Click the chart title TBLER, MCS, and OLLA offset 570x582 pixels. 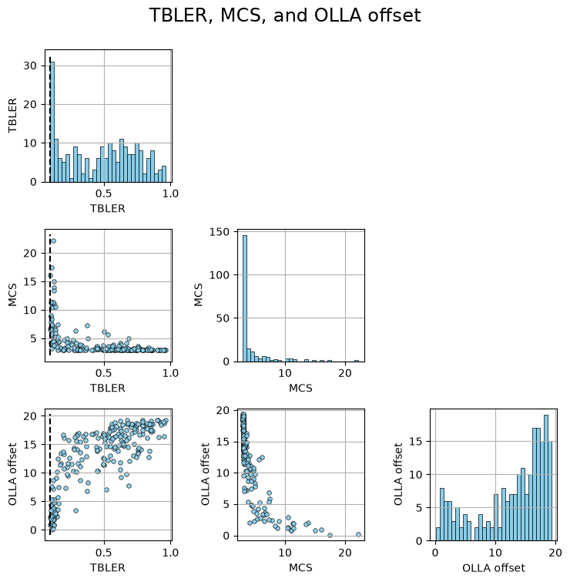click(285, 15)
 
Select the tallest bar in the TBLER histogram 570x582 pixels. click(52, 122)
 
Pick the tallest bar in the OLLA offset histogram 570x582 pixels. click(546, 478)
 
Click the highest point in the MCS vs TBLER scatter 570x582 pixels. click(53, 241)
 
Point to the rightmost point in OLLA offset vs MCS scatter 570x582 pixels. click(358, 534)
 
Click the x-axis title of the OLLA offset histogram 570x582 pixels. click(494, 568)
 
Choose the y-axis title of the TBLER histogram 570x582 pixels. click(12, 116)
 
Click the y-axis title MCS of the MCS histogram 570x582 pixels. click(199, 295)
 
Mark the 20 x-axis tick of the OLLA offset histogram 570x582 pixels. click(555, 553)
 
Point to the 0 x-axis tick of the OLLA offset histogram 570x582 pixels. click(435, 553)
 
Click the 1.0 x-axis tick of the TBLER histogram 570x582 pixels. click(170, 193)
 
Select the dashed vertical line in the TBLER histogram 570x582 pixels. click(50, 119)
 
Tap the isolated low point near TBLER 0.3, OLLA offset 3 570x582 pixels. click(75, 511)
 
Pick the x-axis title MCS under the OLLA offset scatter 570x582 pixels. click(300, 568)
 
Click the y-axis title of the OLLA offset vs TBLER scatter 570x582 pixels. click(12, 474)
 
